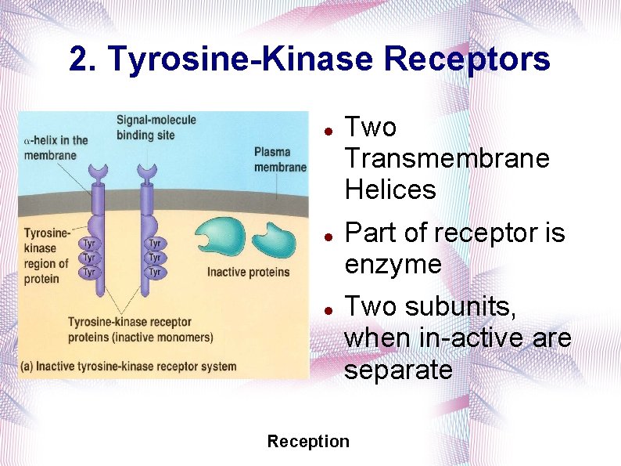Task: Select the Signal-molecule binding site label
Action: click(x=156, y=126)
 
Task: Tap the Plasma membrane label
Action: click(x=280, y=159)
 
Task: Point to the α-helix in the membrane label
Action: click(x=56, y=147)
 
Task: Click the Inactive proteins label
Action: click(x=248, y=272)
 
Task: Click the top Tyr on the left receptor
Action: click(x=89, y=243)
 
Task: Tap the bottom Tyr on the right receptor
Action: click(x=155, y=272)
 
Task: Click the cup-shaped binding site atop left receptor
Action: click(x=99, y=172)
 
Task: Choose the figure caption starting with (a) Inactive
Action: click(x=129, y=366)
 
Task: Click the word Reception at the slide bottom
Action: click(x=308, y=441)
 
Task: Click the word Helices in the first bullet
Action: click(x=389, y=190)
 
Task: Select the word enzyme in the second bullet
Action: click(x=393, y=265)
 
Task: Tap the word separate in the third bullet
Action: click(x=398, y=370)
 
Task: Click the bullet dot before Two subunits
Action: click(x=330, y=309)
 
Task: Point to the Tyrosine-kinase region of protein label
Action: click(x=46, y=256)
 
